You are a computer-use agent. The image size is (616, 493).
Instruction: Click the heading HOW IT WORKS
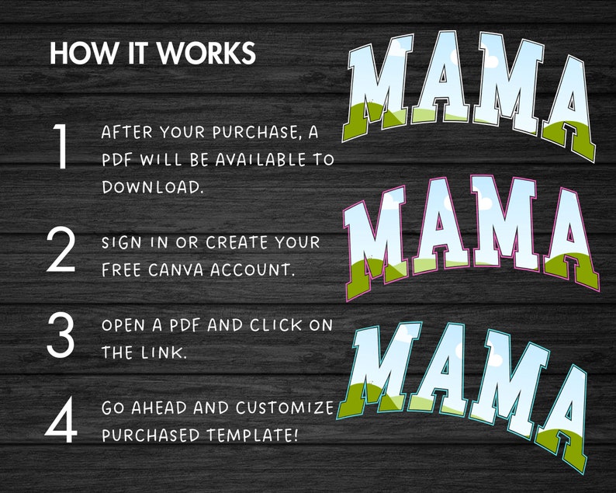click(152, 54)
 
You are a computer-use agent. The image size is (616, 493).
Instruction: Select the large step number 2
click(61, 251)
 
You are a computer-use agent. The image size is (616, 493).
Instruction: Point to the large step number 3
click(61, 335)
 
